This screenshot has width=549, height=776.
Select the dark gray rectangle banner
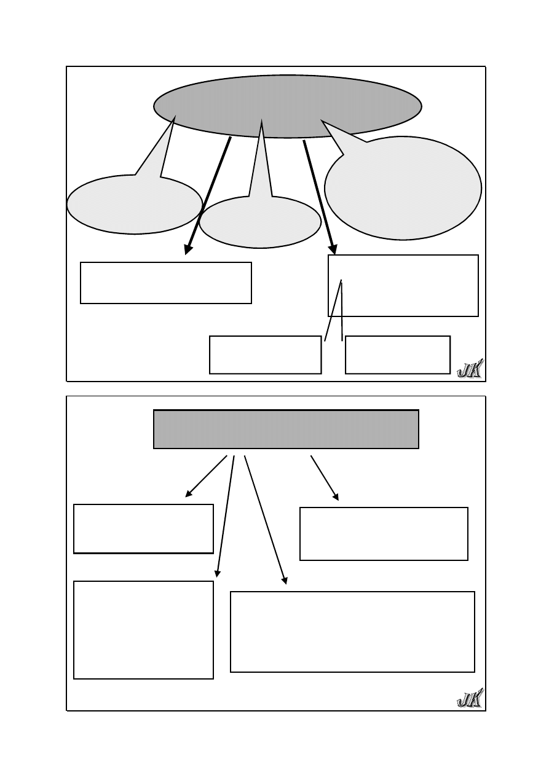286,429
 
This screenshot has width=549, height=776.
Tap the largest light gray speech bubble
403,188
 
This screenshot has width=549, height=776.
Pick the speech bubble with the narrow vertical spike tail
260,222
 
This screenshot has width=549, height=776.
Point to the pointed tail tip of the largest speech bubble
322,120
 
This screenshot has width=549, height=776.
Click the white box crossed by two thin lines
403,286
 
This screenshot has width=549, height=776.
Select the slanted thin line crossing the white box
333,310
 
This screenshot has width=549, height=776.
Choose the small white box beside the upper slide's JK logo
398,355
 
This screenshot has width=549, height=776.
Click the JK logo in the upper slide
470,369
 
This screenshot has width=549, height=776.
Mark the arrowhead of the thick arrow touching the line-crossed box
333,249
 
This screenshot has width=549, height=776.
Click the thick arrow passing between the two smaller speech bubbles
208,196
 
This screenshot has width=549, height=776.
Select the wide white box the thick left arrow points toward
165,283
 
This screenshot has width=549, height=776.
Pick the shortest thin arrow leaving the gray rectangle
325,478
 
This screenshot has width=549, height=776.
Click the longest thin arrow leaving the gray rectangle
266,520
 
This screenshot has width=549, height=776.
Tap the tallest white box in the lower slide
143,630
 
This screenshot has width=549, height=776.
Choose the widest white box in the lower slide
352,632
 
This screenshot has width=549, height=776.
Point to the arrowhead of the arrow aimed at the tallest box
217,574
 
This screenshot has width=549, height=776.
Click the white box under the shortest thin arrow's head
384,534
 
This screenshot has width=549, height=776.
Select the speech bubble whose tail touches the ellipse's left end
135,205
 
